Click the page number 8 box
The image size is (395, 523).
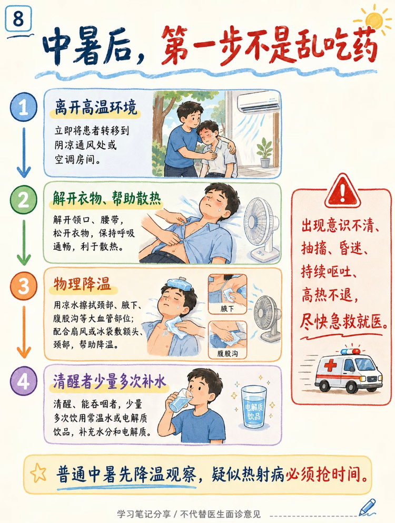[x=18, y=18]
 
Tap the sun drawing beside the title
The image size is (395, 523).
[x=373, y=20]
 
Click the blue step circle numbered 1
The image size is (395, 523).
[x=23, y=107]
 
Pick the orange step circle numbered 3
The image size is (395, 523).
[x=23, y=286]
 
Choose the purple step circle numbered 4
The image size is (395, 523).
[x=23, y=381]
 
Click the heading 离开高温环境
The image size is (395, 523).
[x=96, y=108]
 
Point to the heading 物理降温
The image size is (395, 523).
[x=82, y=285]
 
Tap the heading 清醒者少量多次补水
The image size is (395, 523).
[x=110, y=382]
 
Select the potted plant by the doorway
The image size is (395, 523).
[x=265, y=152]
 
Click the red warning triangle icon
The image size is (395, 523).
[x=342, y=191]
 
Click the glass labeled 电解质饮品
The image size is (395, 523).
[x=254, y=406]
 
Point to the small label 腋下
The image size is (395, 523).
[x=228, y=308]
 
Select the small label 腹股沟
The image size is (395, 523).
[x=228, y=353]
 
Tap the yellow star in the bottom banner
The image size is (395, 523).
[x=38, y=472]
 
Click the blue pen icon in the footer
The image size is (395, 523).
[x=368, y=507]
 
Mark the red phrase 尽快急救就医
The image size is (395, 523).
[x=344, y=321]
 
